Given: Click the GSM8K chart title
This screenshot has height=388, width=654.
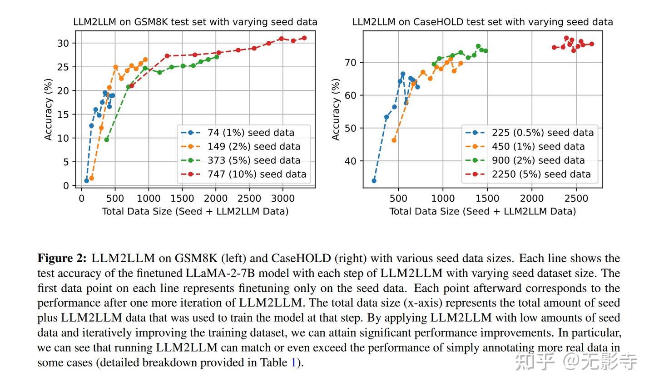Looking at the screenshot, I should coord(195,22).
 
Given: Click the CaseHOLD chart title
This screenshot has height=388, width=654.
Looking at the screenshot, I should coord(482,22).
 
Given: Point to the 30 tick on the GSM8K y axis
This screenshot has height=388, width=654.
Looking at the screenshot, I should coord(63,43).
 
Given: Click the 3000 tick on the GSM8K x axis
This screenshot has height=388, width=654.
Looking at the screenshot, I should coord(282,199).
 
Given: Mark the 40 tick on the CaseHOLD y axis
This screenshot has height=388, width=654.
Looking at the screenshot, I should coord(351,161).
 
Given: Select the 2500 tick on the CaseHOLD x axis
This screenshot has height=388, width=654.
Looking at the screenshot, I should coord(576,199).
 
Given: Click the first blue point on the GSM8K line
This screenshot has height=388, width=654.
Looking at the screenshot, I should coord(86,180).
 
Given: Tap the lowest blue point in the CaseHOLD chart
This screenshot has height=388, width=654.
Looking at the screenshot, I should coord(374,180).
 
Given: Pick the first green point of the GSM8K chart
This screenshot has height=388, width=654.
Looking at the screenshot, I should coord(107,139).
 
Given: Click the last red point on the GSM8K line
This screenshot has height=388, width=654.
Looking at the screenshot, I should coord(304,38).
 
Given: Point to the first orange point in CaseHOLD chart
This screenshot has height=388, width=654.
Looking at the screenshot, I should coord(394,140).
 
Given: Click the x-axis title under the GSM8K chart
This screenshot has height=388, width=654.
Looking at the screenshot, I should coord(195,211).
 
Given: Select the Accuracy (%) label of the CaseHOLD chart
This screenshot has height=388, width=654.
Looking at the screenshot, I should coord(336,109).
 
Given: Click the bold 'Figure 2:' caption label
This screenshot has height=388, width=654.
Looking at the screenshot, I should coord(62,259).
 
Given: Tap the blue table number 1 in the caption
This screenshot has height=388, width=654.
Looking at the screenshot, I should coord(293,363).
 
